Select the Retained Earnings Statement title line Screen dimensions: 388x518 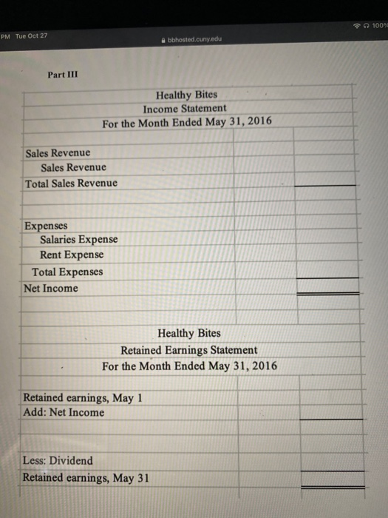189,349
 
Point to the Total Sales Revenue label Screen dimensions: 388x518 71,183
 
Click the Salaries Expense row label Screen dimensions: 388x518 78,239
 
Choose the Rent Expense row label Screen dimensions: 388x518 72,255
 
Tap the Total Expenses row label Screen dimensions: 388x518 67,272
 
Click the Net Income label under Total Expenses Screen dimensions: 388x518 51,288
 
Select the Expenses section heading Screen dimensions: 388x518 46,225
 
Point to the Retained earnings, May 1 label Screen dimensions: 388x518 82,397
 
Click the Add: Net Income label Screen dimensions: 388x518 64,412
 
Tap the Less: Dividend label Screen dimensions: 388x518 58,460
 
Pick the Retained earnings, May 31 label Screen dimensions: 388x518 86,477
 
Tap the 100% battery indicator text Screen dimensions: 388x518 378,24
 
